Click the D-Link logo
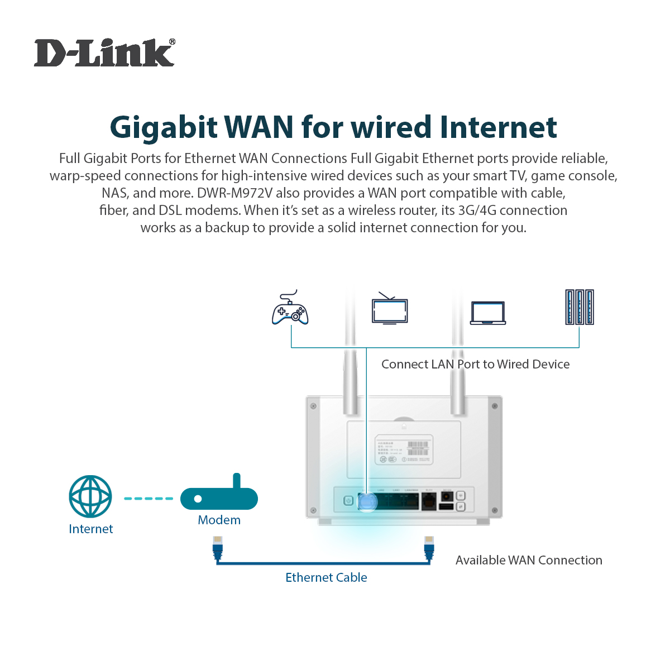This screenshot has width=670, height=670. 104,54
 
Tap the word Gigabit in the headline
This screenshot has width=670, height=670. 163,127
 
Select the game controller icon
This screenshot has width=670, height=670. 290,309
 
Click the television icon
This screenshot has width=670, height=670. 390,310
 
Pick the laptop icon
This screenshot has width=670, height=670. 487,313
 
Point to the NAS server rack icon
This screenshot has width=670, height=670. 579,307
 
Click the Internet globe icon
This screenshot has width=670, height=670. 90,496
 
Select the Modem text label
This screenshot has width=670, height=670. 219,520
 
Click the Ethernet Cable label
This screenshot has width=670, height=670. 326,577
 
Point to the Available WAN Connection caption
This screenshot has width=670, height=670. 528,560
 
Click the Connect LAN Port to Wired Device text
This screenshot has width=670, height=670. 475,364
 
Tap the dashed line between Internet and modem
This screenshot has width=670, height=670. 148,498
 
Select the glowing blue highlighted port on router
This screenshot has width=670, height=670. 367,501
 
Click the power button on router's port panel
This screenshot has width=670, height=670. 348,501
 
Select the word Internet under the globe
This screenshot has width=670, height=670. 90,529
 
